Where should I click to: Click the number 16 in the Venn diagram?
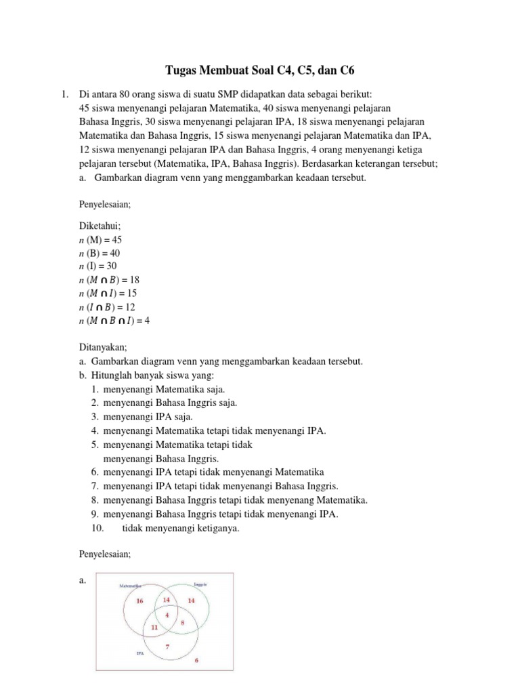[x=140, y=600]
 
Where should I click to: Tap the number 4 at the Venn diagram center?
[x=167, y=614]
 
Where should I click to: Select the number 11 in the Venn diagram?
[x=154, y=628]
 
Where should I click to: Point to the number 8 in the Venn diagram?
[x=181, y=621]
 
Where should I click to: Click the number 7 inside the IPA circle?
[x=167, y=646]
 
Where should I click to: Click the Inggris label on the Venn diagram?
[x=200, y=584]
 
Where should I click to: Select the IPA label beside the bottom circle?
[x=139, y=653]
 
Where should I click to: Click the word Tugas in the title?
[x=182, y=70]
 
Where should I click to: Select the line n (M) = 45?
[x=101, y=240]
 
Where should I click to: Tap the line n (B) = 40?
[x=100, y=253]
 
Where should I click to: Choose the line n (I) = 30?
[x=99, y=266]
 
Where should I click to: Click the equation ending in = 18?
[x=110, y=279]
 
